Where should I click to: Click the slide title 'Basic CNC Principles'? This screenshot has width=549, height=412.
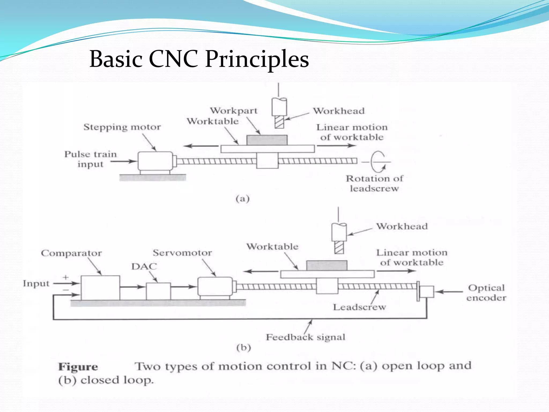tap(199, 59)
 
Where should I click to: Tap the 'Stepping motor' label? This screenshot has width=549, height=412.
tap(122, 127)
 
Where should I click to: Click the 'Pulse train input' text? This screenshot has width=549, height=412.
tap(91, 159)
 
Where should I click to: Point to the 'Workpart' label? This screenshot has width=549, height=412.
tap(233, 111)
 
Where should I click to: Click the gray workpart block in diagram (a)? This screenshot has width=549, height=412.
tap(267, 140)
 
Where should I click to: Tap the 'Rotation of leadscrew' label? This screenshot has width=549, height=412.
tap(374, 183)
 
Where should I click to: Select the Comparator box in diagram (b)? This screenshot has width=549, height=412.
tap(100, 288)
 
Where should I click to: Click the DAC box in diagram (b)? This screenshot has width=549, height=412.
tap(158, 291)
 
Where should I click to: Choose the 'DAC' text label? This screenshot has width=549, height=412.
tap(144, 266)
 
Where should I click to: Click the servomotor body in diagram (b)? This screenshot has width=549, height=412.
tap(215, 287)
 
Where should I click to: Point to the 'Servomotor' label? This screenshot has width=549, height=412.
tap(182, 253)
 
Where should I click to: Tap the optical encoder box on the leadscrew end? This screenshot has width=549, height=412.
tap(426, 292)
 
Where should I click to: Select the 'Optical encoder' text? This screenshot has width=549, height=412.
tap(486, 293)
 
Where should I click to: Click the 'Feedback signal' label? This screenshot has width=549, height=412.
tap(305, 337)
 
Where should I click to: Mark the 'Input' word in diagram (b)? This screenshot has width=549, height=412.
tap(36, 284)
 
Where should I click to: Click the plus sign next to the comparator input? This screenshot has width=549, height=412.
tap(66, 277)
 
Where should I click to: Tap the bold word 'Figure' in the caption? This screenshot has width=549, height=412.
tap(78, 367)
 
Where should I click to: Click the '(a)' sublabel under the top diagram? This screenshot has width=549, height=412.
tap(243, 198)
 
